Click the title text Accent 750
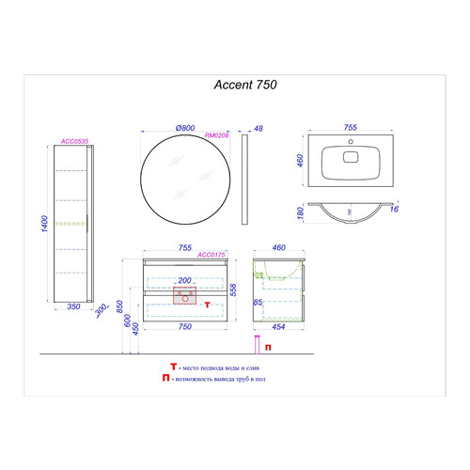[240, 83]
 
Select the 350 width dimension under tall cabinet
[69, 306]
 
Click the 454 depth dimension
[279, 328]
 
